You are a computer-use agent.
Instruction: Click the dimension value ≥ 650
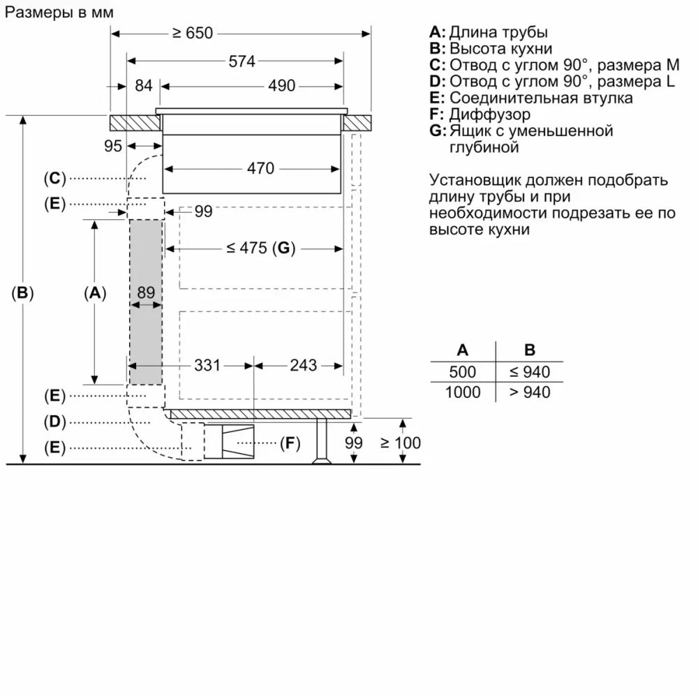coord(193,33)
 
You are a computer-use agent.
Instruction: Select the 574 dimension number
coord(242,61)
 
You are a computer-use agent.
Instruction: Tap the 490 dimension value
coord(282,86)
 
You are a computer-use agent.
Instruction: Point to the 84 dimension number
coord(143,86)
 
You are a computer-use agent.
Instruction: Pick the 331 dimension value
coord(207,365)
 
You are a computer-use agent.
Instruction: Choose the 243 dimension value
coord(303,365)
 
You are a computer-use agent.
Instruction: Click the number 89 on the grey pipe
coord(145,293)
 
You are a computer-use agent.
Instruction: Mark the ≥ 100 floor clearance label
coord(401,443)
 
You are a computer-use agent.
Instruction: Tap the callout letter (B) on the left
coord(23,293)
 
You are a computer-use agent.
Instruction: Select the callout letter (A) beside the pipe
coord(95,293)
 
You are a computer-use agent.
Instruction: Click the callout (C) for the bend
coord(54,179)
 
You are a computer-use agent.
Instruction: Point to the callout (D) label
coord(54,422)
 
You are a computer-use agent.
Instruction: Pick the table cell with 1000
coord(463,392)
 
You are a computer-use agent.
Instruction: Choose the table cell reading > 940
coord(530,392)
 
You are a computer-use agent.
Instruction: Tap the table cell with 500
coord(463,372)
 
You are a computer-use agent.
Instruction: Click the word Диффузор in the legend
coord(489,114)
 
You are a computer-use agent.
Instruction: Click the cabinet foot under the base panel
coord(322,442)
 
